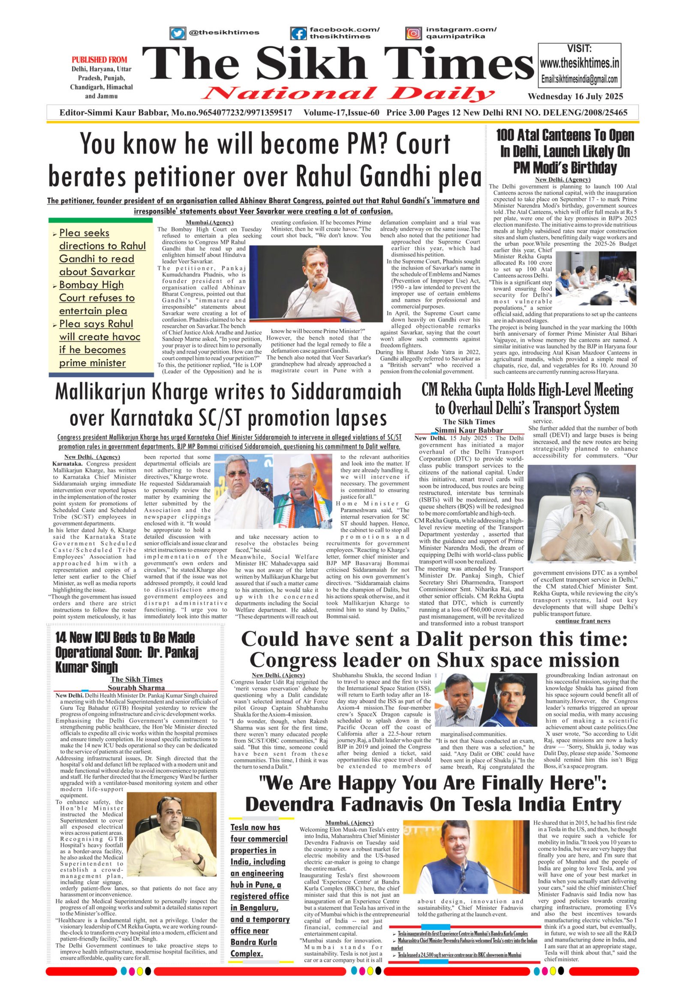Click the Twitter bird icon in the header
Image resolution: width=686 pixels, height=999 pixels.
tap(177, 33)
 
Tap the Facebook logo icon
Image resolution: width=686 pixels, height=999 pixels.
tap(298, 33)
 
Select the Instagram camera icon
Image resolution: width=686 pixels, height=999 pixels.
tap(413, 33)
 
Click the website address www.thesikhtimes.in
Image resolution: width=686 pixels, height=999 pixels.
tap(579, 63)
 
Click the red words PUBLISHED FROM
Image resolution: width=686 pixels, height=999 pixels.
tap(99, 60)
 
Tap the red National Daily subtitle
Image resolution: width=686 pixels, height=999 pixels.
tap(348, 93)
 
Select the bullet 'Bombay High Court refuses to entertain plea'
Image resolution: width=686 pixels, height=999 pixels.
tap(97, 298)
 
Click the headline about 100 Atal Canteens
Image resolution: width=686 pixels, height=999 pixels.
tap(565, 151)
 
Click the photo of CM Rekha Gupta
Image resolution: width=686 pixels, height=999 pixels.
tap(582, 514)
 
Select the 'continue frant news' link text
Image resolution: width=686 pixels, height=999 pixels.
tap(582, 621)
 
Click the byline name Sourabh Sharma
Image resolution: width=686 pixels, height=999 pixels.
tap(136, 688)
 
